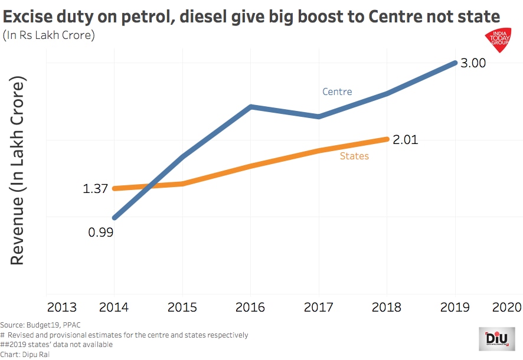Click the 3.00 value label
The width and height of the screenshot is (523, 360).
(473, 63)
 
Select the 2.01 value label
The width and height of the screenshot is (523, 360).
(405, 140)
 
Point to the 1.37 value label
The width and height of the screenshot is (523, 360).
(95, 189)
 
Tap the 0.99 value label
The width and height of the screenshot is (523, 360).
(100, 232)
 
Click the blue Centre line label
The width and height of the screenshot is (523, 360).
(337, 91)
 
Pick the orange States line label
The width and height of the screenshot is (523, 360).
(354, 156)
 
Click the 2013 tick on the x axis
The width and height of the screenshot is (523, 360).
(62, 307)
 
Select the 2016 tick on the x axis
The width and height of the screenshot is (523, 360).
(251, 307)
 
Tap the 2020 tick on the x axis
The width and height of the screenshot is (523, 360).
(508, 307)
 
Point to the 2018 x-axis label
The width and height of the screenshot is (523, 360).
(387, 307)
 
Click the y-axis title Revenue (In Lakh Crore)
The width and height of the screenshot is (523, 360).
(17, 171)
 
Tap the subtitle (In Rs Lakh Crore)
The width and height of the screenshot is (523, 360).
(49, 35)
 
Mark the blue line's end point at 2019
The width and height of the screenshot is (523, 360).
(455, 63)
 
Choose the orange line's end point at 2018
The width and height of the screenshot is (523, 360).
(387, 139)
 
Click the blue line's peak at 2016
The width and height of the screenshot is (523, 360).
(251, 107)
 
